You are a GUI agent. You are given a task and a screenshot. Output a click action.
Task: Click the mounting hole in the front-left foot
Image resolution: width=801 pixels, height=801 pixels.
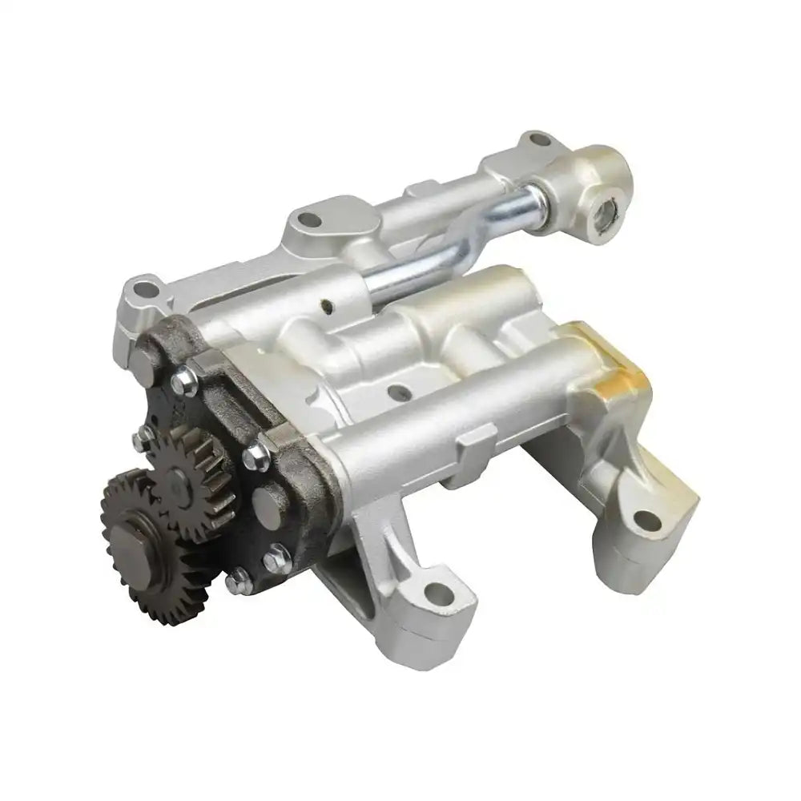point(433,594)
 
